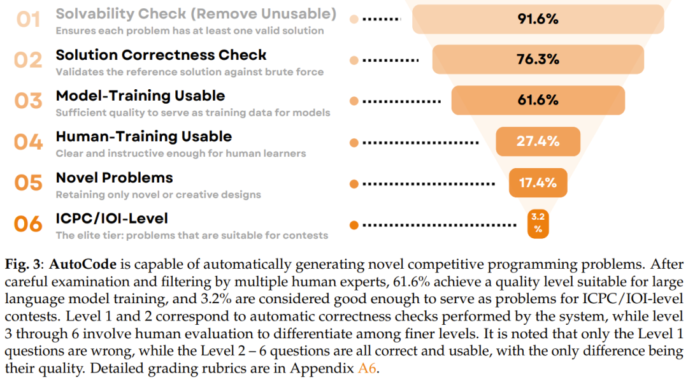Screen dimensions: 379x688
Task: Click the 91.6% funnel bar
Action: (x=538, y=19)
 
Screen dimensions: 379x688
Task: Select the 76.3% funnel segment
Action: (x=538, y=59)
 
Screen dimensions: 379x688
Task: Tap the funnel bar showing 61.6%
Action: (x=538, y=100)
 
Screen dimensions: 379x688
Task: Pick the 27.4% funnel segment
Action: (x=538, y=141)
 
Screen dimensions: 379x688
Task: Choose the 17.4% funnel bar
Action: (x=538, y=183)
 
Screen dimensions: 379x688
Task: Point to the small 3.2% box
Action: (x=538, y=224)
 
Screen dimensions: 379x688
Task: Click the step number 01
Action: (x=28, y=19)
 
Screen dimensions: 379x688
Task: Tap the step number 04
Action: (x=28, y=141)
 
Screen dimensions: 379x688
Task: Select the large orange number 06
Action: (x=28, y=224)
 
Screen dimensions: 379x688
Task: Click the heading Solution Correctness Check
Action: (x=161, y=55)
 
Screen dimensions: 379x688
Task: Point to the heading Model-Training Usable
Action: (x=140, y=96)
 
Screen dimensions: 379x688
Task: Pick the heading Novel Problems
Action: (x=114, y=177)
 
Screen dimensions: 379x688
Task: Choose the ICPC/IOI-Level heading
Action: (x=111, y=218)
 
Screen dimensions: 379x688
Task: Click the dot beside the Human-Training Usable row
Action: (x=354, y=142)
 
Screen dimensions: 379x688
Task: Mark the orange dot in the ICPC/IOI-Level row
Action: (x=354, y=225)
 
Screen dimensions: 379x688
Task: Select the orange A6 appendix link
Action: (x=368, y=369)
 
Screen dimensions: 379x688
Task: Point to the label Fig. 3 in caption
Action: (x=22, y=264)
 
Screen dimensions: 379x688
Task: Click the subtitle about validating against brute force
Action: (x=189, y=72)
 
